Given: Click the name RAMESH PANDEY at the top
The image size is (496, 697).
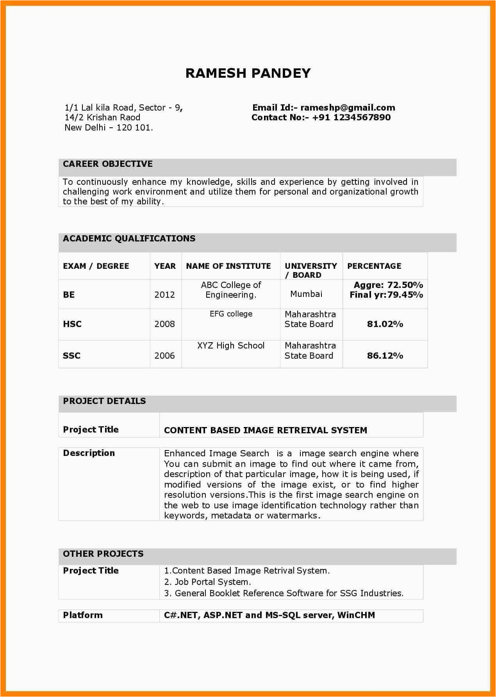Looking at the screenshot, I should point(248,73).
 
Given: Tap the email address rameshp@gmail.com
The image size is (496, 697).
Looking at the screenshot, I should point(348,108).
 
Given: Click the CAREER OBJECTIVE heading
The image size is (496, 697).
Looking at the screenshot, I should point(108,164).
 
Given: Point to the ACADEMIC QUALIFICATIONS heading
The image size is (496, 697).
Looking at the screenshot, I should point(129,239).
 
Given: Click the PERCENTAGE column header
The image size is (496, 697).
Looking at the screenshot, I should point(374,266).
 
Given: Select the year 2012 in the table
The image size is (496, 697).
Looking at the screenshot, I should point(164,295).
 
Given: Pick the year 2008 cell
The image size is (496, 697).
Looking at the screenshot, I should point(164,324).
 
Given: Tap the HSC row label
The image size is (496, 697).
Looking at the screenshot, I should point(72,324).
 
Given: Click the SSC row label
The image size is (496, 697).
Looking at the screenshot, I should point(71,356).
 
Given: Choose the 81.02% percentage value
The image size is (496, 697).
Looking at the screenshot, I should point(385,324).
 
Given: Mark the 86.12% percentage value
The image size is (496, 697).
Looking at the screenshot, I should point(385,356).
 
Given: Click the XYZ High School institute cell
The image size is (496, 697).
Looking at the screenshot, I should point(231,346).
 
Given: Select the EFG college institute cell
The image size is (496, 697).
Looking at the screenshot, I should point(231,314).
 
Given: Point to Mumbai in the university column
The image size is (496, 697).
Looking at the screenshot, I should point(306,294).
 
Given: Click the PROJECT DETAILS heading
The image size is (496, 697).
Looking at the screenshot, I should point(104,401).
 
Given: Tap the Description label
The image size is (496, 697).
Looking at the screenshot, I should point(89,453).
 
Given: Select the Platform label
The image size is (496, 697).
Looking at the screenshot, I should point(83,615).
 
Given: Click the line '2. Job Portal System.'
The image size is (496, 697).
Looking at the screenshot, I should point(207,582).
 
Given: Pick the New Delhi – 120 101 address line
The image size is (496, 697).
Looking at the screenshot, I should point(109,128).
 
